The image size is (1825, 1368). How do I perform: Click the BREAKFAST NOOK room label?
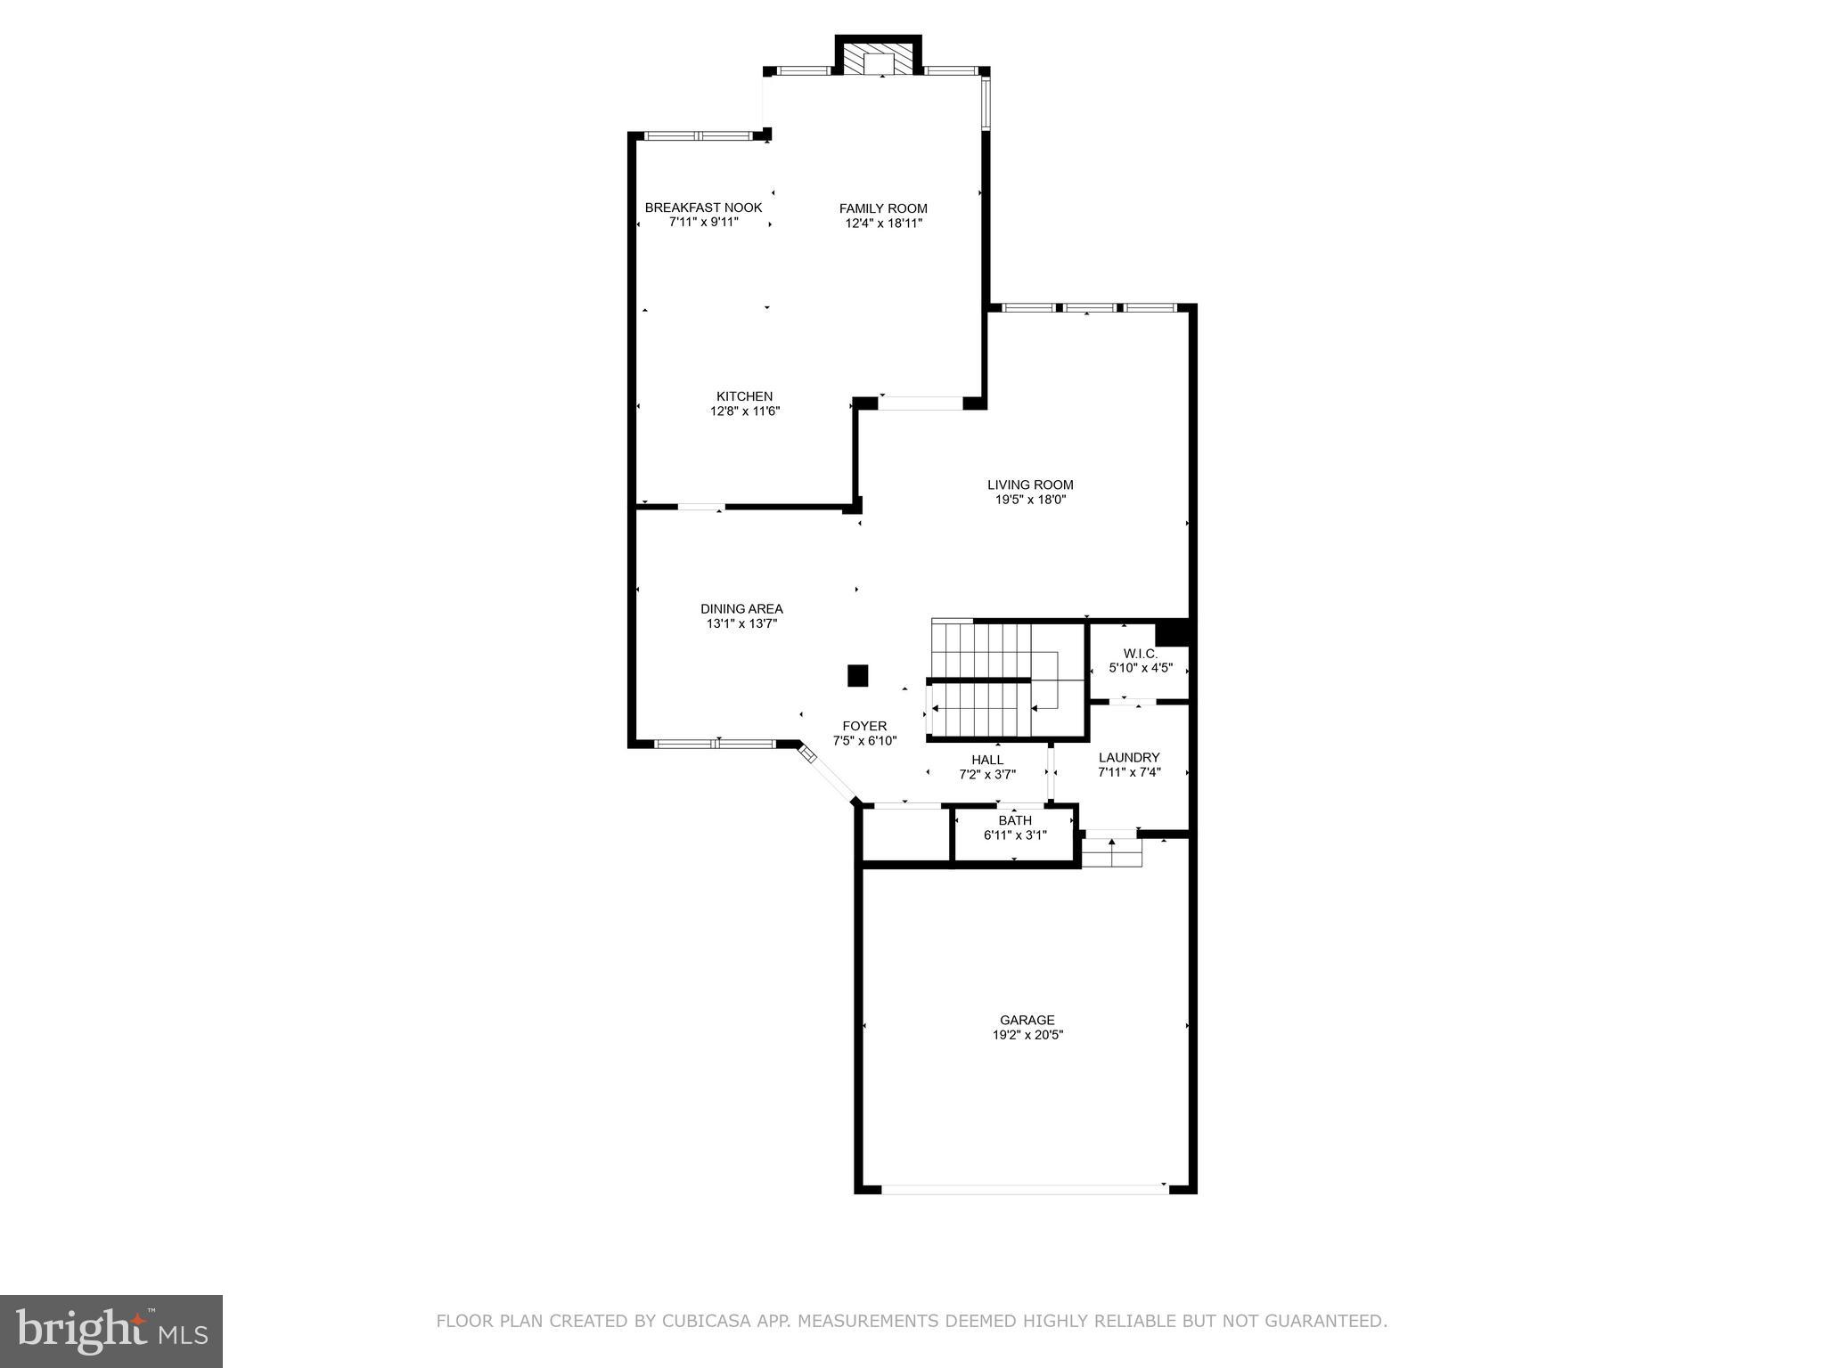(x=703, y=208)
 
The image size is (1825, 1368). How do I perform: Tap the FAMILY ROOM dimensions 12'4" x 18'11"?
(x=883, y=224)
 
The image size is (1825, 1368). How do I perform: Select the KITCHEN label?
(x=744, y=396)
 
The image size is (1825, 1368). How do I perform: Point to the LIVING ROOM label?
(x=1030, y=484)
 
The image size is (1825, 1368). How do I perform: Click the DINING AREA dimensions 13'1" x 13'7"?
(x=741, y=624)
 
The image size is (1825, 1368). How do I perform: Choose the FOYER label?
(x=863, y=726)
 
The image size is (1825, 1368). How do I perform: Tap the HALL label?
(x=987, y=760)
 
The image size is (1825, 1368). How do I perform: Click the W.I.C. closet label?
(x=1140, y=653)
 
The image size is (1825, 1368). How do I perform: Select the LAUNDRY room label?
(x=1129, y=758)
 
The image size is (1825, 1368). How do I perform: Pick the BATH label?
(x=1015, y=820)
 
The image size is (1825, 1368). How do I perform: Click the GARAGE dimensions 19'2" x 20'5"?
(x=1027, y=1035)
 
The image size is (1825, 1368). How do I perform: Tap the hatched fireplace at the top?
(x=879, y=61)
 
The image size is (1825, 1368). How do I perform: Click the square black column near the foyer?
(x=857, y=675)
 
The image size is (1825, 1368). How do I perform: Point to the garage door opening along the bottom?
(x=1023, y=1188)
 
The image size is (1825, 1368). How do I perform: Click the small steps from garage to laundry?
(x=1112, y=853)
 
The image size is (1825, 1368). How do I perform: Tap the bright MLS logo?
(x=111, y=1331)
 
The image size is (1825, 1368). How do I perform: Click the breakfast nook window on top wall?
(x=699, y=136)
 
